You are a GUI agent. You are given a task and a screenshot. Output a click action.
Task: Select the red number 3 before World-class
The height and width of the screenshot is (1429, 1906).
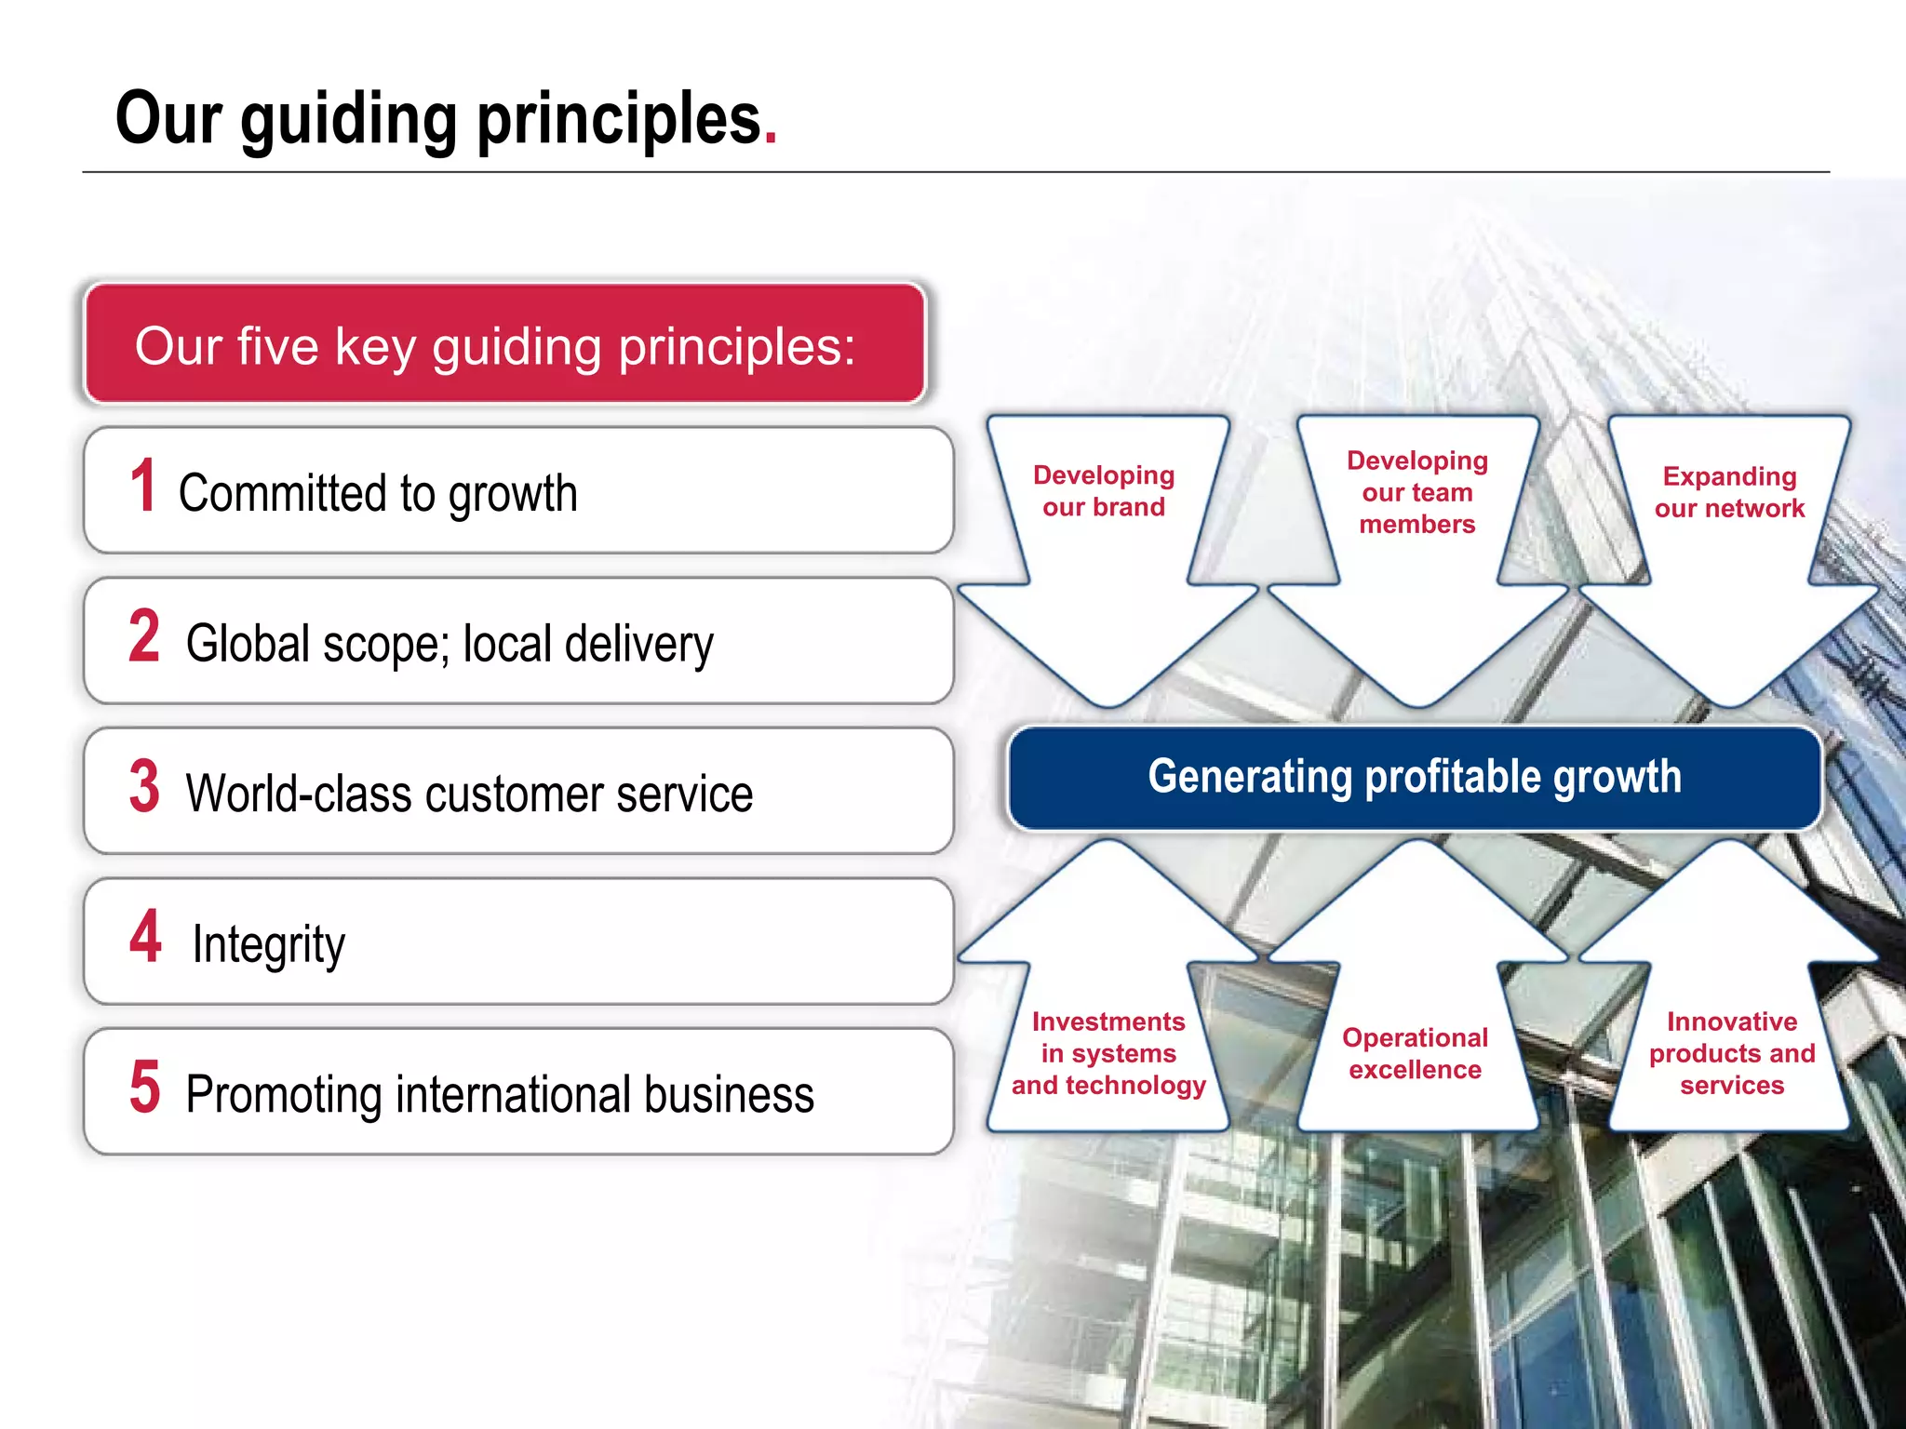point(144,787)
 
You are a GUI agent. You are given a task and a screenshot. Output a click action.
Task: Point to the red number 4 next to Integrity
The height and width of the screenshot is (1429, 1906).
point(145,937)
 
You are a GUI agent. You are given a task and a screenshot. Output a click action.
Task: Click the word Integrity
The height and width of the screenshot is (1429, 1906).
point(268,945)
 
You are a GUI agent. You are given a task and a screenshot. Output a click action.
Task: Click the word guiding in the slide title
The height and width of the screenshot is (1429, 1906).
point(348,121)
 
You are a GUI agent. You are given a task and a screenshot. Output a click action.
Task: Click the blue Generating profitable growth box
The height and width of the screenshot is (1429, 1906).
point(1414,778)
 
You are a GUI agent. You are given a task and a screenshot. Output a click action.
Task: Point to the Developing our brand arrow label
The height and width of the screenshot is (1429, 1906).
point(1104,491)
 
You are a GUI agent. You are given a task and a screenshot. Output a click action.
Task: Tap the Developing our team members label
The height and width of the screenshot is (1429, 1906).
point(1416,492)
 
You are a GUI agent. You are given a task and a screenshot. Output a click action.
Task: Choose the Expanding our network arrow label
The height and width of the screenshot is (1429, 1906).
point(1729,492)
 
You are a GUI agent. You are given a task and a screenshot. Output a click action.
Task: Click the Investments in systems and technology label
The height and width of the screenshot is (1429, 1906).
point(1108,1053)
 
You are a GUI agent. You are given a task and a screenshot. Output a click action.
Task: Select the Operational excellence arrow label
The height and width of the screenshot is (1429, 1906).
point(1415,1053)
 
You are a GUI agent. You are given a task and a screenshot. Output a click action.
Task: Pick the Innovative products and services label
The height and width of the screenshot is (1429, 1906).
point(1731,1053)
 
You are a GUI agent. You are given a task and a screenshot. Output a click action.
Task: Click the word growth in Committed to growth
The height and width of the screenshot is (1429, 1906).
point(513,494)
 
